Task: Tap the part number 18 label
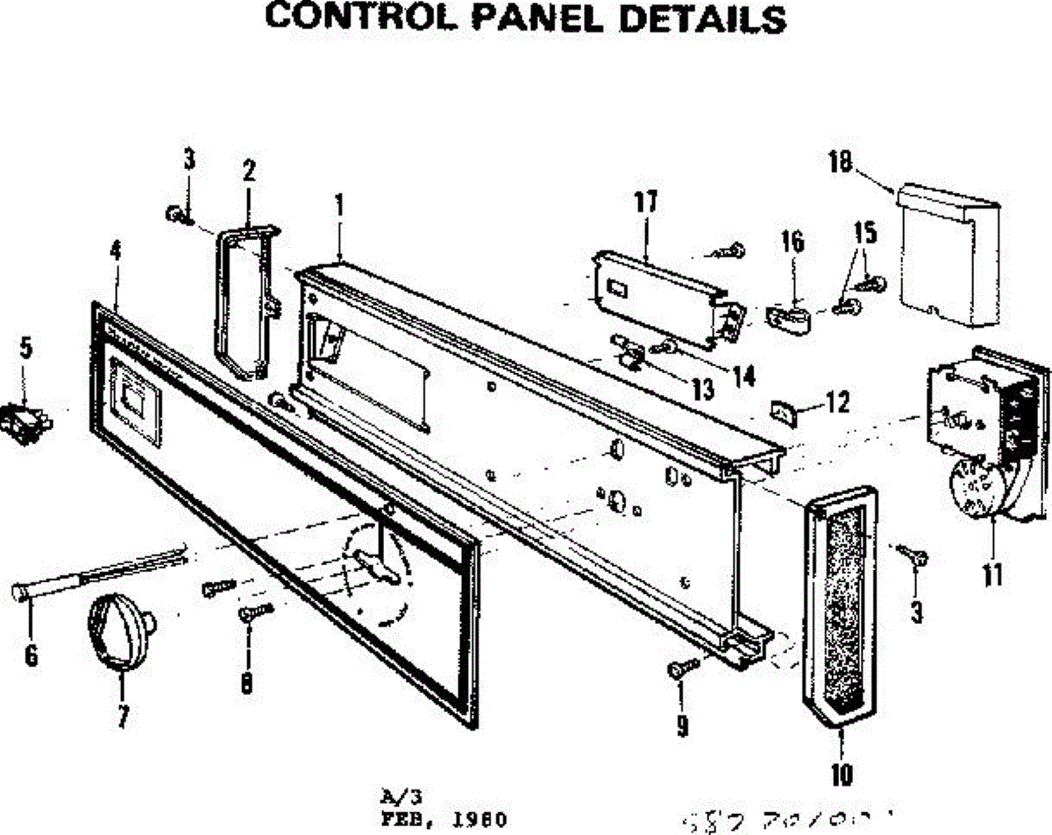tap(840, 163)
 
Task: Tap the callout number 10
tap(841, 774)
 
